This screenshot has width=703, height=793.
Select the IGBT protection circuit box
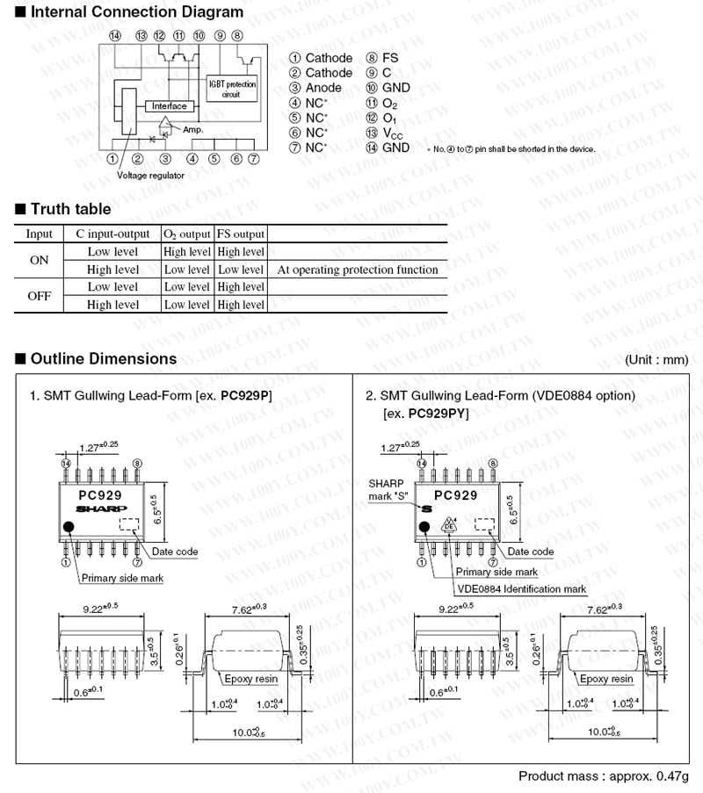[232, 88]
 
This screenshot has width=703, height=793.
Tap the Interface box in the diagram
[170, 106]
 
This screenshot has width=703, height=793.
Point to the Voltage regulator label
[151, 176]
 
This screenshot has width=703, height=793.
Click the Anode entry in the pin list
[323, 88]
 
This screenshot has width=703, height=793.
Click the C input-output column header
[112, 234]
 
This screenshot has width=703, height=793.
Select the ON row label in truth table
[40, 261]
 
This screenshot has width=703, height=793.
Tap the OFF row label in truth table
[40, 296]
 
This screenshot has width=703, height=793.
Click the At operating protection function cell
[357, 270]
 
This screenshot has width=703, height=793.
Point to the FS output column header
[241, 234]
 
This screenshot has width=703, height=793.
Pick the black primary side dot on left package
[69, 527]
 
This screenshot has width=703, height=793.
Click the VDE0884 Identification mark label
[521, 588]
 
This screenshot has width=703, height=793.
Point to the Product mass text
[604, 776]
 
